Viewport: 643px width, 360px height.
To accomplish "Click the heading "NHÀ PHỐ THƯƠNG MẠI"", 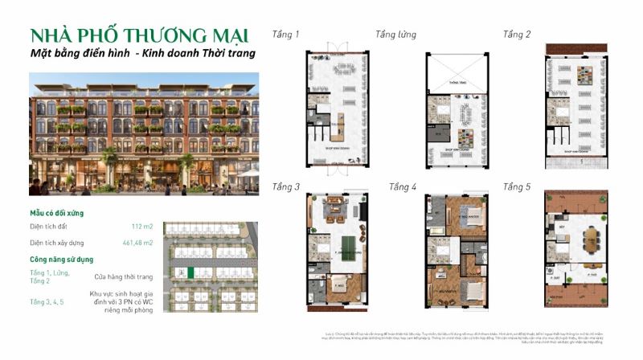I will tap(138, 35).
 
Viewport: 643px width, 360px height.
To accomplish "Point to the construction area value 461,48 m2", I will tap(136, 242).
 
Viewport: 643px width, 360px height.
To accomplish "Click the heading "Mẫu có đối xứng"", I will tap(57, 213).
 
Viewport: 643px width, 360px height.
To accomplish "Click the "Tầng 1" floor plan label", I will tap(286, 35).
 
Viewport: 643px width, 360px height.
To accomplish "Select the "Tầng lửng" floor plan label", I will tap(395, 35).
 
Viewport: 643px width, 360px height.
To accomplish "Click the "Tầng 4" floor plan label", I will tap(403, 187).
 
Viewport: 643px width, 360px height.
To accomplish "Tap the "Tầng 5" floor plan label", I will tap(517, 187).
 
